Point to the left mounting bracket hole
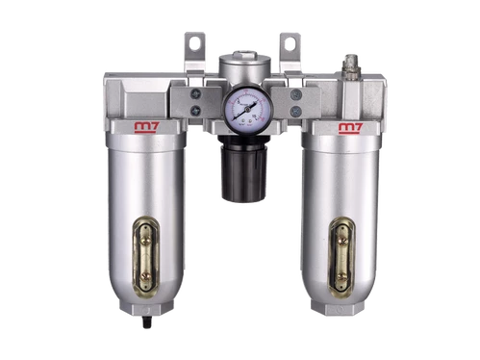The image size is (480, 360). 190,43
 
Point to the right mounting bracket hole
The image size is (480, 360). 288,42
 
